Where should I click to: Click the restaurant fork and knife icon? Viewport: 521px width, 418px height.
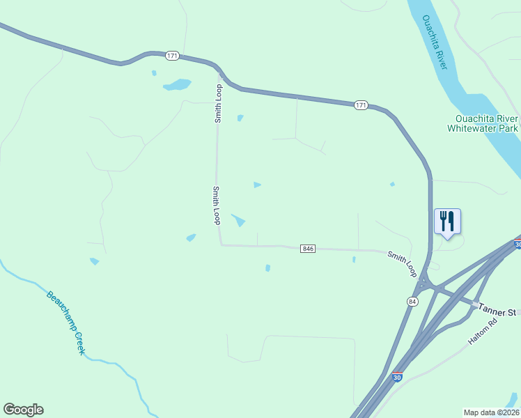pos(447,222)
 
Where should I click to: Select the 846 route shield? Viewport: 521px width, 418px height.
pos(309,249)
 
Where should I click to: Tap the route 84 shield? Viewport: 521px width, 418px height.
pos(412,300)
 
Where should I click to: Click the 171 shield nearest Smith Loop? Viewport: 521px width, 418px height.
pos(172,55)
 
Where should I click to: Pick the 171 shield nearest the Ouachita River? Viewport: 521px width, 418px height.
pos(360,105)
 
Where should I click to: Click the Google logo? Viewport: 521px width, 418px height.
pos(23,410)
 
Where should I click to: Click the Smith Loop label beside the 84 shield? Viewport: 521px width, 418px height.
pos(402,265)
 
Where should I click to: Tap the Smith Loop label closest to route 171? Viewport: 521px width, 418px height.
pos(218,104)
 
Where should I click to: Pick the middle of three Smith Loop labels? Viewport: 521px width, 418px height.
pos(217,205)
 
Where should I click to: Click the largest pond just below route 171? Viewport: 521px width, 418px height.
pos(177,85)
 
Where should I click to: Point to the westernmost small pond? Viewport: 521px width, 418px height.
pos(94,261)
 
